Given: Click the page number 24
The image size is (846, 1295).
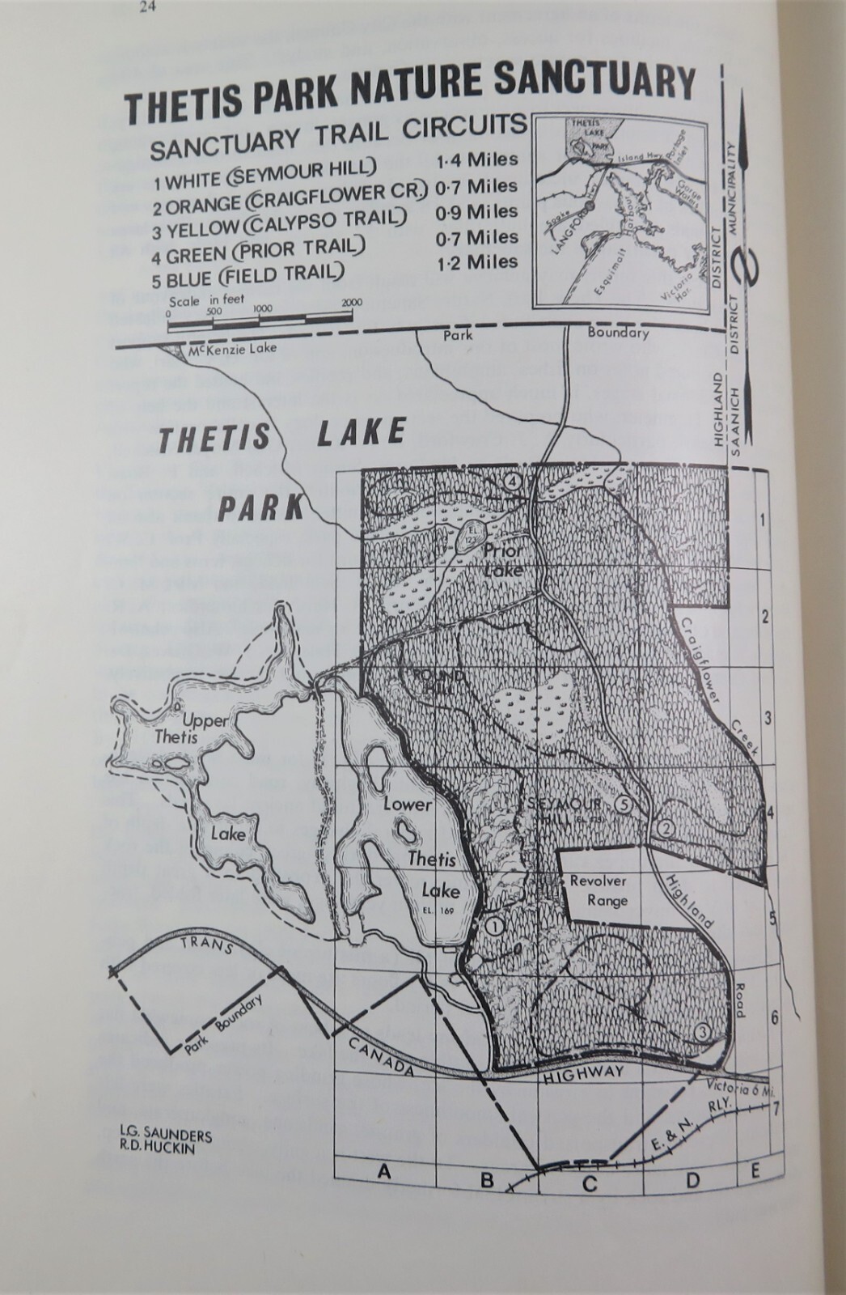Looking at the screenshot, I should tap(146, 9).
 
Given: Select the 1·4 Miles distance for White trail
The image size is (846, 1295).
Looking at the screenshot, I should tap(476, 160).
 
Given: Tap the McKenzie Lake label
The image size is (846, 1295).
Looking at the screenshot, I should tap(232, 349).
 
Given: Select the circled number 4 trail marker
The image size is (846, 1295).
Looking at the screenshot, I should tap(510, 481).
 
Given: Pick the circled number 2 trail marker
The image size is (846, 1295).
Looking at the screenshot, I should tap(665, 828).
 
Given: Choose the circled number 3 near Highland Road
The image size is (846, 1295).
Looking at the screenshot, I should tap(702, 1032).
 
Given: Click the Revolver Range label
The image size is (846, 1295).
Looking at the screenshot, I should tap(599, 890).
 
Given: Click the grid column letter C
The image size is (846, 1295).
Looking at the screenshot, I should tap(589, 1183).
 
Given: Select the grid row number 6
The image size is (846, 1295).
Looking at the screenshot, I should tap(774, 1017).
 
